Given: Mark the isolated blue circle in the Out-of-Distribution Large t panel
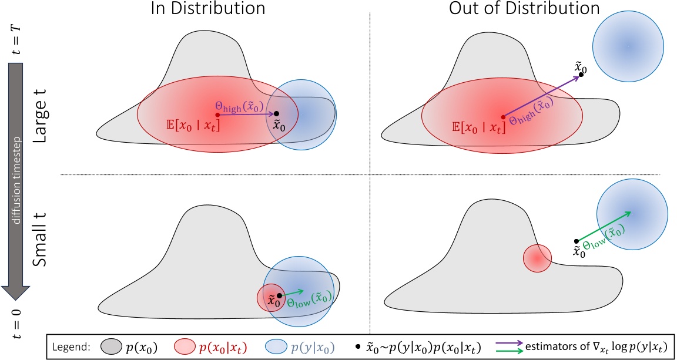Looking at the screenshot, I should tap(628, 45).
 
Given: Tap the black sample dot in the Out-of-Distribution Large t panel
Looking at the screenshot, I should tap(581, 74).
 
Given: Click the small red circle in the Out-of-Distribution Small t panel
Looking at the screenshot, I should tap(537, 258).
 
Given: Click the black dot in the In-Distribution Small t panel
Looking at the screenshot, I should tap(280, 295).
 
